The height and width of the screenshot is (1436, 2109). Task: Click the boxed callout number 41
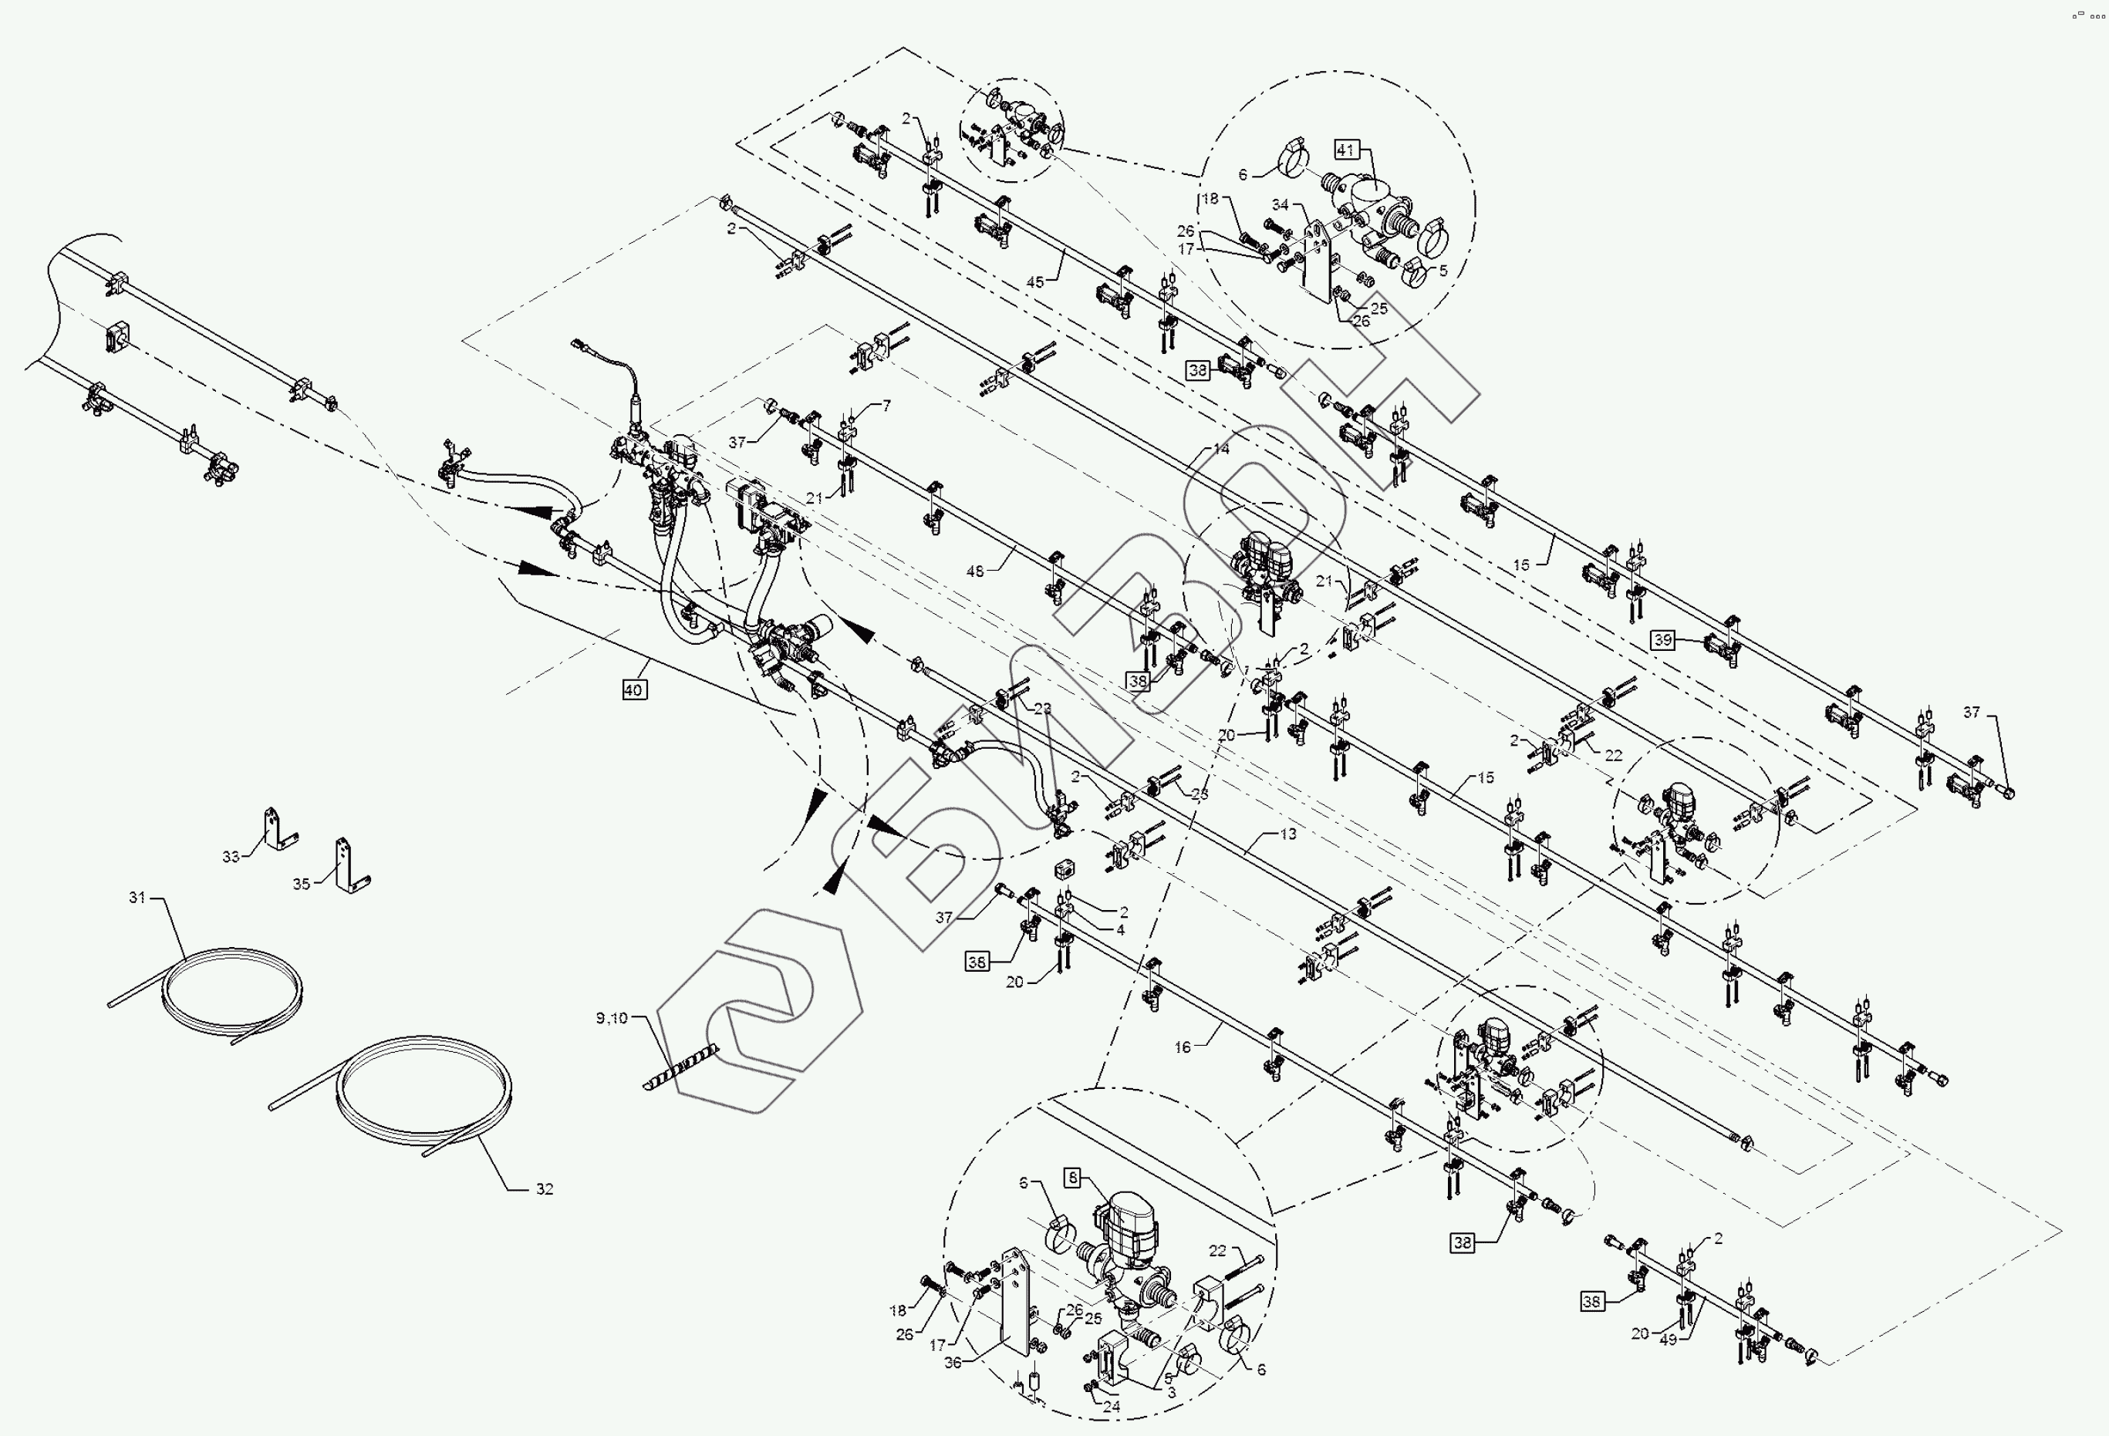(1345, 150)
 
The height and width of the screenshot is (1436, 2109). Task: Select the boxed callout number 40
(633, 690)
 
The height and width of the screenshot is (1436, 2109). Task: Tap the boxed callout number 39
(1662, 639)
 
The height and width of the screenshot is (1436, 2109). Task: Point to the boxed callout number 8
(1074, 1178)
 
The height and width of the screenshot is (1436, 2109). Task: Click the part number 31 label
(137, 898)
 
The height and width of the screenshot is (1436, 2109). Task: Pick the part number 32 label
(544, 1189)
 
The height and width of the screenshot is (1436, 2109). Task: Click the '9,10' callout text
(612, 1019)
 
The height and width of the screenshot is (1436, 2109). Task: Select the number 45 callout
(1035, 282)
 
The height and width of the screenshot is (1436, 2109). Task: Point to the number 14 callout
(1220, 449)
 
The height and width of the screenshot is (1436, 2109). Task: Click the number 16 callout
(1183, 1048)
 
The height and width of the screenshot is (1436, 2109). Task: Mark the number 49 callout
(1668, 1340)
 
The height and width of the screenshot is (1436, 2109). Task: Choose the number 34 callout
(1280, 205)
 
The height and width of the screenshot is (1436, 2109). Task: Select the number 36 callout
(953, 1363)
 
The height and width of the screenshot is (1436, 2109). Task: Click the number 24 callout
(1112, 1407)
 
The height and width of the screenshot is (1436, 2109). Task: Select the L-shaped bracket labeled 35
(348, 866)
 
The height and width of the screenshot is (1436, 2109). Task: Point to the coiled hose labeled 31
(231, 989)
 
